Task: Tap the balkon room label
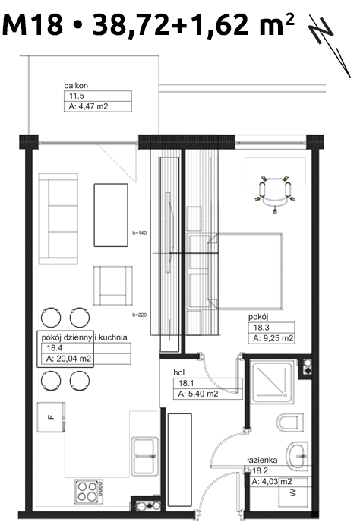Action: click(76, 85)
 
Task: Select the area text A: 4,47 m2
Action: click(88, 106)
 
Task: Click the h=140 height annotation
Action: click(139, 233)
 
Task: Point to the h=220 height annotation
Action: click(139, 315)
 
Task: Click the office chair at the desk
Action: click(275, 194)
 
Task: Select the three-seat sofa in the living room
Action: click(58, 219)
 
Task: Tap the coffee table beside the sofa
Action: click(111, 215)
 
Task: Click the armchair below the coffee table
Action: click(113, 286)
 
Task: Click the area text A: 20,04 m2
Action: click(69, 359)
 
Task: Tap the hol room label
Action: click(179, 372)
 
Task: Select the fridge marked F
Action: click(51, 417)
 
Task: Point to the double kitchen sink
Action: click(145, 456)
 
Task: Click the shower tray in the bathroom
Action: click(272, 382)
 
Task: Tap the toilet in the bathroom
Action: click(290, 423)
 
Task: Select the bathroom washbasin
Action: click(297, 456)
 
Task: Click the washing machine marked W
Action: click(293, 492)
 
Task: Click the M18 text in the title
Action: click(33, 24)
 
